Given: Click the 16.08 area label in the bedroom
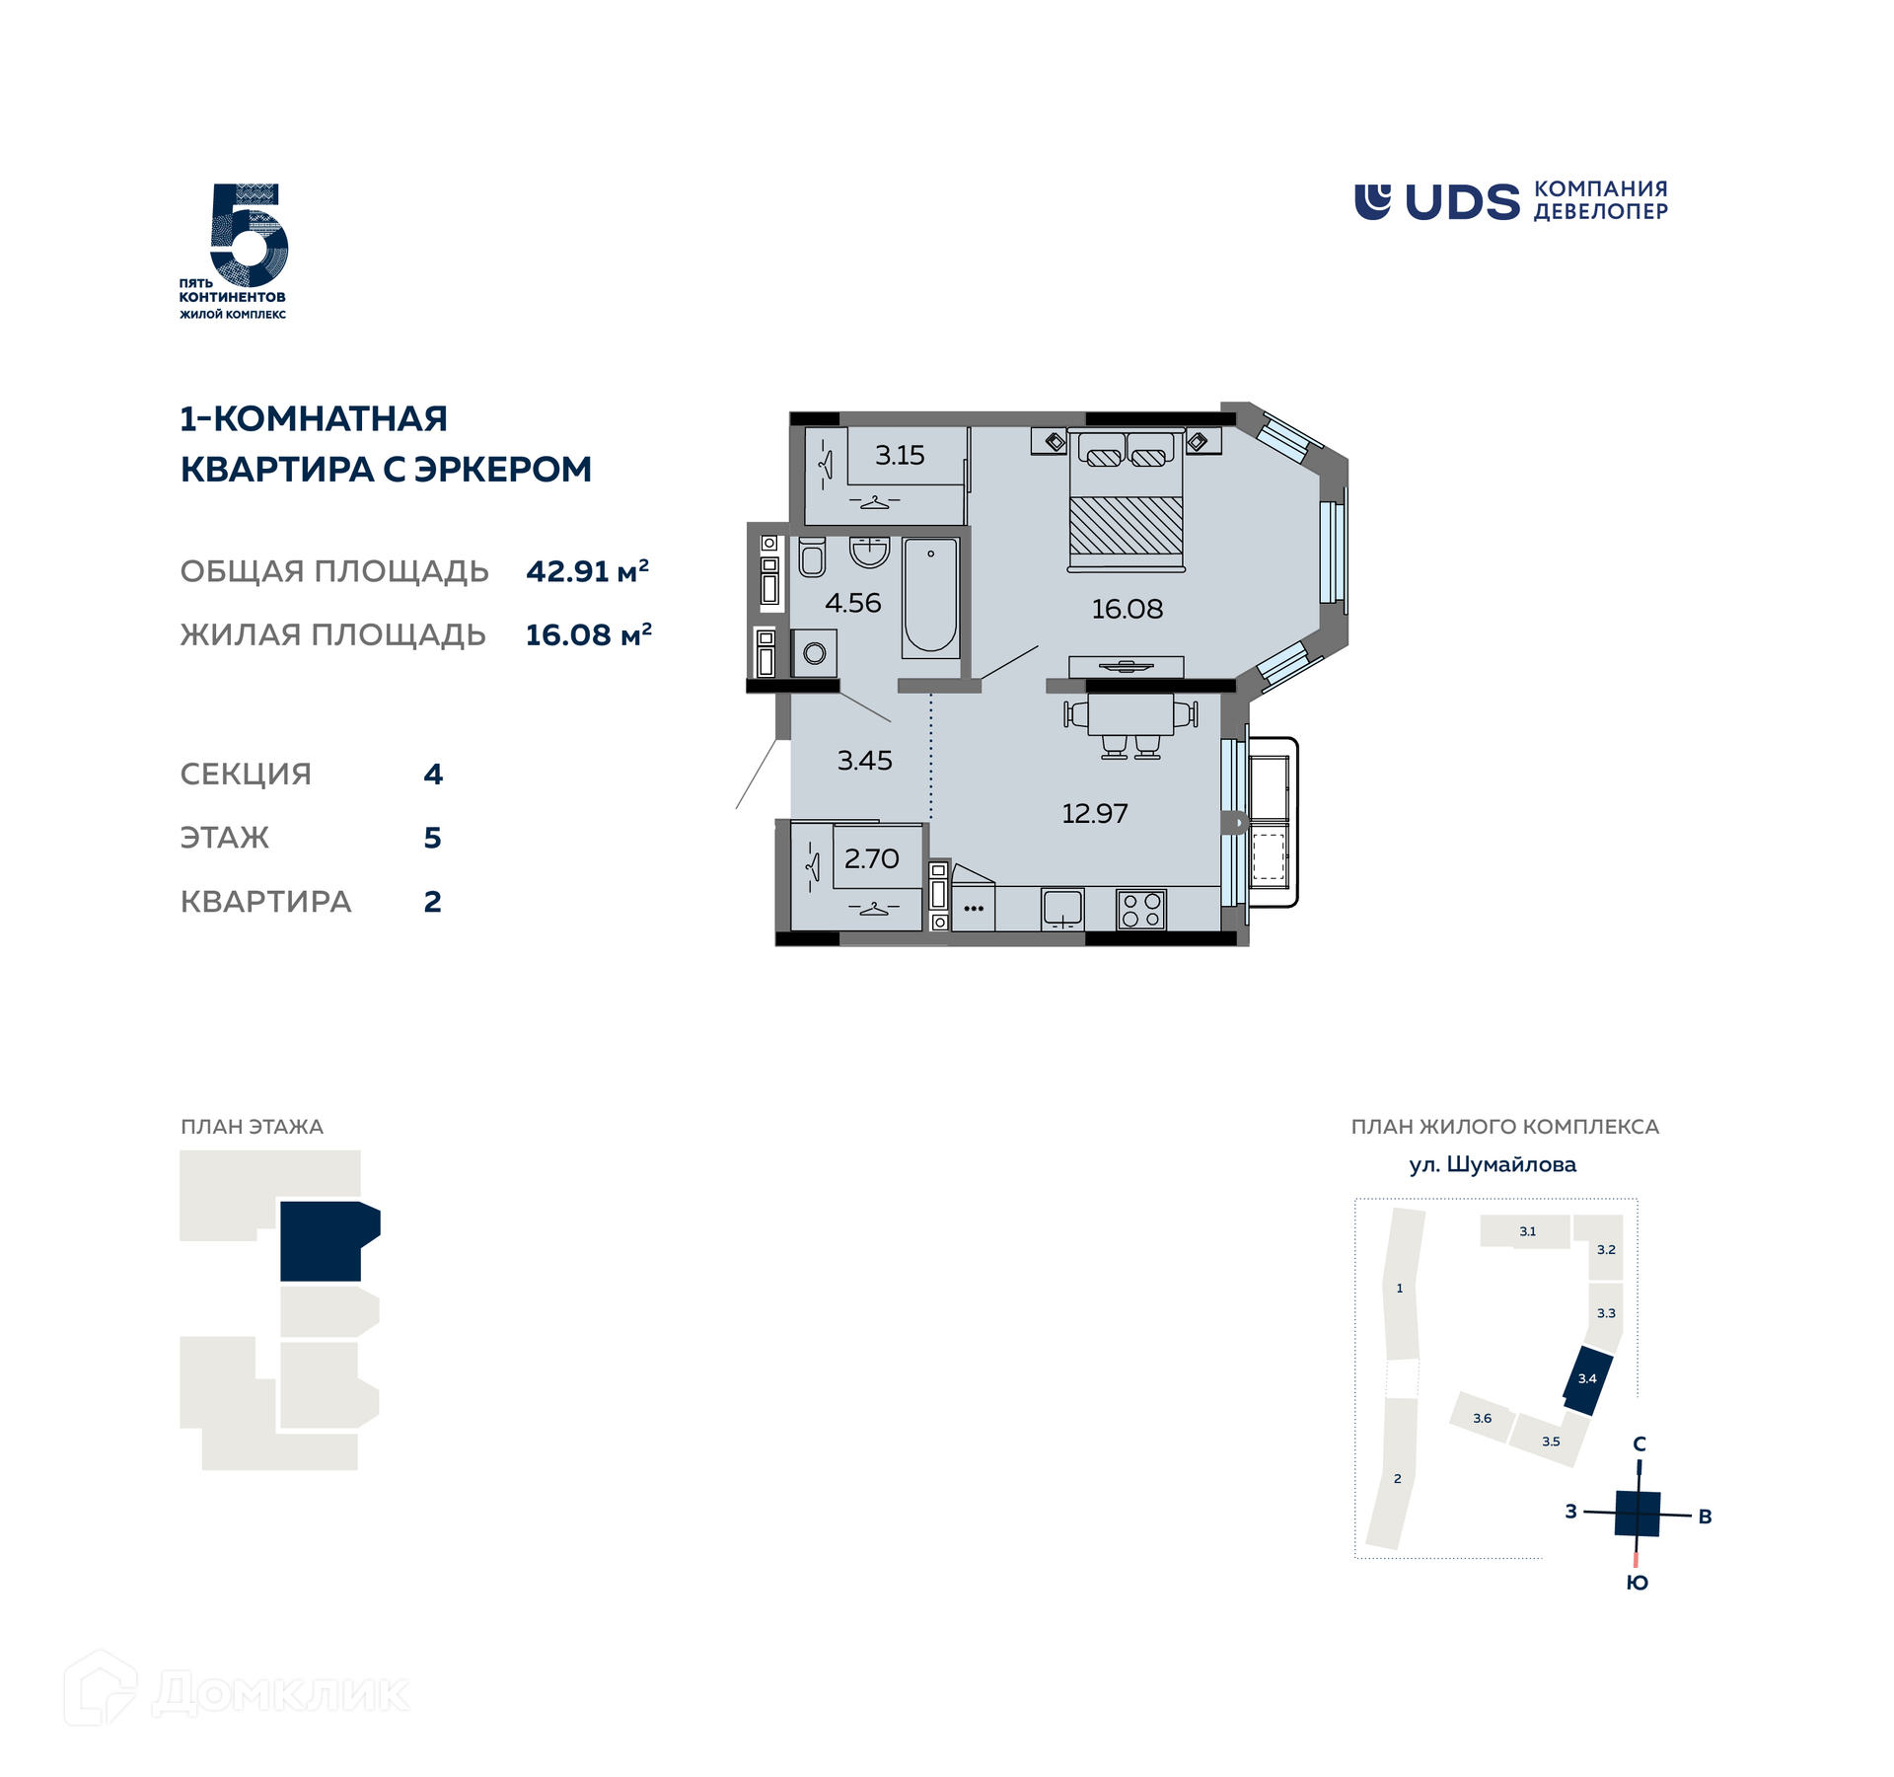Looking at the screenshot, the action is (x=1127, y=609).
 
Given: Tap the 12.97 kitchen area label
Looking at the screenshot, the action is (x=1094, y=813).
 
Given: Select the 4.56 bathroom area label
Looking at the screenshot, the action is (x=852, y=603).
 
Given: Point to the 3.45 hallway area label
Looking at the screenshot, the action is (x=864, y=760).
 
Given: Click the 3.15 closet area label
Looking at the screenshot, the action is (x=900, y=455).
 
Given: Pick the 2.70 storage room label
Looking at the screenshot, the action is (x=871, y=858).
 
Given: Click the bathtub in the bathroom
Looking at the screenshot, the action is (x=930, y=598).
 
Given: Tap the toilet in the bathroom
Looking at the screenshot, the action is (x=812, y=557).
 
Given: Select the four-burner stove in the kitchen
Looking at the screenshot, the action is (x=1141, y=910).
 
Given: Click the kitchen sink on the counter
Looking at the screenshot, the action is (x=1062, y=909).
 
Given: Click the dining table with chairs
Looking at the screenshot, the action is (x=1130, y=725).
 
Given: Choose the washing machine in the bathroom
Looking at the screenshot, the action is (x=814, y=653).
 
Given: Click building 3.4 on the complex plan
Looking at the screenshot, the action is (x=1587, y=1380).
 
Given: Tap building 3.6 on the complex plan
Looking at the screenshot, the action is (x=1482, y=1418).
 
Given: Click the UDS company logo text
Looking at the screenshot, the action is (x=1462, y=201).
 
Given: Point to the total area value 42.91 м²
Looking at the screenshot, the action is (x=588, y=571).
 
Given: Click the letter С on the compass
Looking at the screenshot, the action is (x=1639, y=1444).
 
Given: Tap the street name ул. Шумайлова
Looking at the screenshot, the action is (x=1493, y=1165).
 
